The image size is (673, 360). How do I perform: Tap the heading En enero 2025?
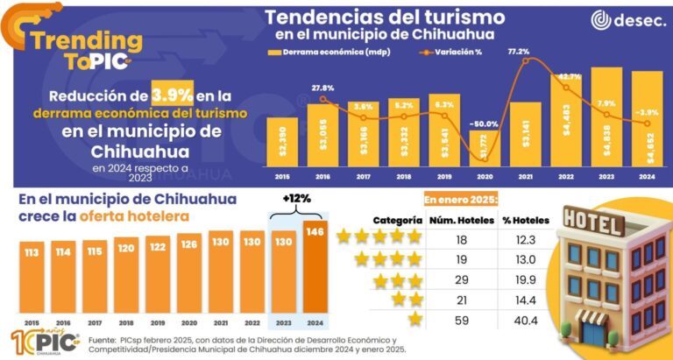tap(461, 198)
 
